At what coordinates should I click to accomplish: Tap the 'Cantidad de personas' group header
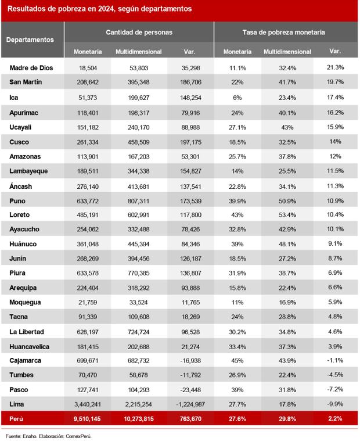coord(139,33)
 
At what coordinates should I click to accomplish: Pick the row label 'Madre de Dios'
coord(31,68)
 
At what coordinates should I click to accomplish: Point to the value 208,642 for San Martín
coord(88,83)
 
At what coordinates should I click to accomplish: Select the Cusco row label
coord(20,142)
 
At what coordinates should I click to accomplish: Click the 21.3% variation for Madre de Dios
coord(335,68)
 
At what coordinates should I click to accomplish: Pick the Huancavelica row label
coord(30,346)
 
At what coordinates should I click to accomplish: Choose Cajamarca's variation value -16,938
coord(190,361)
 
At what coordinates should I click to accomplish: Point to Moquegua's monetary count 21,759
coord(88,302)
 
